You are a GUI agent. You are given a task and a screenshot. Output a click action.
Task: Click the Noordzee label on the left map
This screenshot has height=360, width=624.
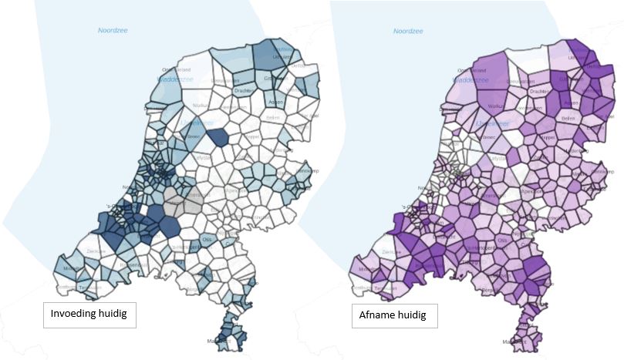(x=113, y=30)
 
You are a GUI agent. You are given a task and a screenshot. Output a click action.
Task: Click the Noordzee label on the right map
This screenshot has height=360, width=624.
(x=409, y=31)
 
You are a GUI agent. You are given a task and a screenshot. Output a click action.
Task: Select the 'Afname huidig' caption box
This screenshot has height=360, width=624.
(x=393, y=315)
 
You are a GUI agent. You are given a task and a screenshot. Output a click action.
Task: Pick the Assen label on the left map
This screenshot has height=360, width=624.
(x=275, y=102)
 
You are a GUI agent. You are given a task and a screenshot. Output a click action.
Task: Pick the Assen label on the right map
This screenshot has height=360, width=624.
(x=572, y=102)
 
